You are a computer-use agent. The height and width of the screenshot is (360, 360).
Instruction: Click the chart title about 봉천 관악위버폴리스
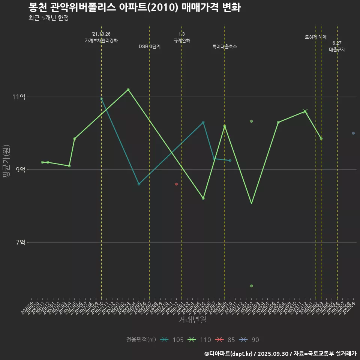134,7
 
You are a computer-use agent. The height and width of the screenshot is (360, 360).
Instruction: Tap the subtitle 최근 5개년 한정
48,18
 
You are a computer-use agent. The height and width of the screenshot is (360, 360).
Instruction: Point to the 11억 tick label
19,97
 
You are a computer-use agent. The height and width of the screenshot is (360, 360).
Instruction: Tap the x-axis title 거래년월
192,320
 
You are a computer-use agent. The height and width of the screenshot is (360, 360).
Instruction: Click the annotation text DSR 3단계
150,46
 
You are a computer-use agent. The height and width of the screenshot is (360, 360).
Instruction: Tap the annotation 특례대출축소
225,46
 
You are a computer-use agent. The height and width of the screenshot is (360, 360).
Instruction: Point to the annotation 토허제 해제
316,37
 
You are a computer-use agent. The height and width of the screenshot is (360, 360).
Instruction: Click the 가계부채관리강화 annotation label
101,40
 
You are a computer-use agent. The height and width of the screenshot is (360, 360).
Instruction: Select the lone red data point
176,184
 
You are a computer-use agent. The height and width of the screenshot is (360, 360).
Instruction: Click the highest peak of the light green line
128,90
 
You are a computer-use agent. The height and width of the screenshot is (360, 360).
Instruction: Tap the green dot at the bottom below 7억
251,286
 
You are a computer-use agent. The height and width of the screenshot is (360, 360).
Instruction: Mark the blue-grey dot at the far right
353,133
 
